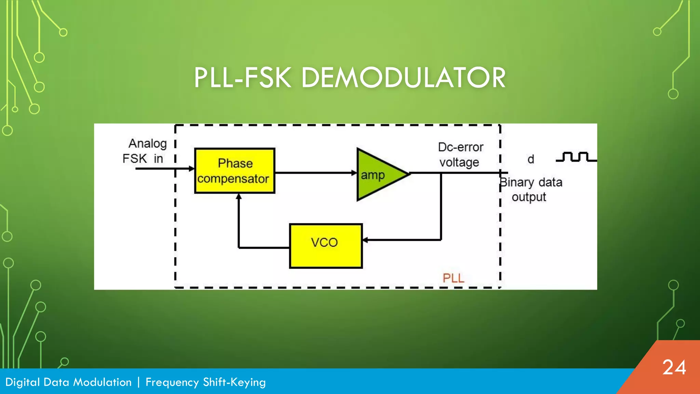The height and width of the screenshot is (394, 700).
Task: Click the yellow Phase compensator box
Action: coord(234,171)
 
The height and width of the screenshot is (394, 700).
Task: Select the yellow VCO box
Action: coord(325,246)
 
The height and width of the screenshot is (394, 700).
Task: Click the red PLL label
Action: coord(454,278)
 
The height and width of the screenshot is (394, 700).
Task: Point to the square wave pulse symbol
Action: coord(576,157)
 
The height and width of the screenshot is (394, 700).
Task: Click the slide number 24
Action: coord(674,368)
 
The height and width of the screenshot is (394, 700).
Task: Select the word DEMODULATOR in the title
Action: coord(403,78)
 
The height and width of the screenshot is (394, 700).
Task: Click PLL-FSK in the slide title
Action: coord(243,78)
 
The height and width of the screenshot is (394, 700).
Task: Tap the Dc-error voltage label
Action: coord(460,155)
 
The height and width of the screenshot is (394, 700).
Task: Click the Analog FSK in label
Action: coord(145,151)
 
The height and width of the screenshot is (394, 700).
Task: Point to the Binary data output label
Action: coord(530,189)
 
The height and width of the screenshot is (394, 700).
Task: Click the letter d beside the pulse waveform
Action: coord(530,159)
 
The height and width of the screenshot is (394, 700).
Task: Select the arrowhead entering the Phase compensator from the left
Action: coord(192,169)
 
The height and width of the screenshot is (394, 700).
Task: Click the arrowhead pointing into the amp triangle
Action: coord(354,173)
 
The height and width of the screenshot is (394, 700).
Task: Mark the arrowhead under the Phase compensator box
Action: coord(239,196)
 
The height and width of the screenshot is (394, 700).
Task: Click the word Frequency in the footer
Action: coord(172,382)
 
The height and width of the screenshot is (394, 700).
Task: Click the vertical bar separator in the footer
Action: coord(138,382)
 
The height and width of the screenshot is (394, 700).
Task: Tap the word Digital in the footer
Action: coord(23,382)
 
